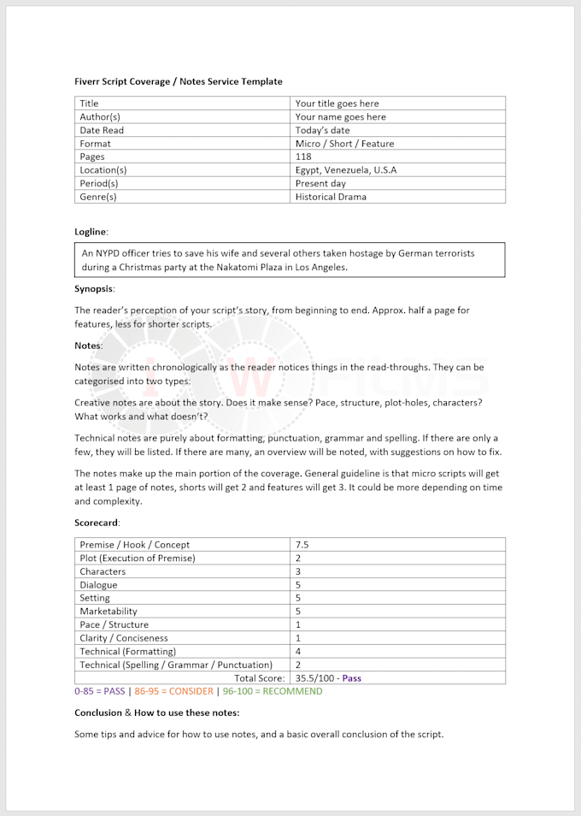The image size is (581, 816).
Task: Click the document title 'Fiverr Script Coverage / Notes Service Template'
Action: pos(178,81)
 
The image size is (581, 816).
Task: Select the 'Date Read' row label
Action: pos(102,130)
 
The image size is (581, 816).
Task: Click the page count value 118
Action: pos(303,157)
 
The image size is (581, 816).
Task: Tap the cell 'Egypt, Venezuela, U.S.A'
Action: pos(345,170)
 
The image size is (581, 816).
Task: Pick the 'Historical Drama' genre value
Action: pos(331,197)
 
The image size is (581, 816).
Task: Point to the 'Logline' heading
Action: pos(91,231)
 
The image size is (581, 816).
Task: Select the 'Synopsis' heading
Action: pos(94,289)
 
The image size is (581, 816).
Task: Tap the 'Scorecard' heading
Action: pos(97,522)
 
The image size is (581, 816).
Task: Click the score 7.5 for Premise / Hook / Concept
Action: pos(302,545)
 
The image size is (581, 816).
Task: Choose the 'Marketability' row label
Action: pos(109,612)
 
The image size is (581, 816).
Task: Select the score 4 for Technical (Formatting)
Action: pos(298,651)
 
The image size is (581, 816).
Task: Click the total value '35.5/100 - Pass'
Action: pos(328,678)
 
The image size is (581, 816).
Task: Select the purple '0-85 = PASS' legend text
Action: pos(100,691)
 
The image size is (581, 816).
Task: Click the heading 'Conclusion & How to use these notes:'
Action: pos(156,713)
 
